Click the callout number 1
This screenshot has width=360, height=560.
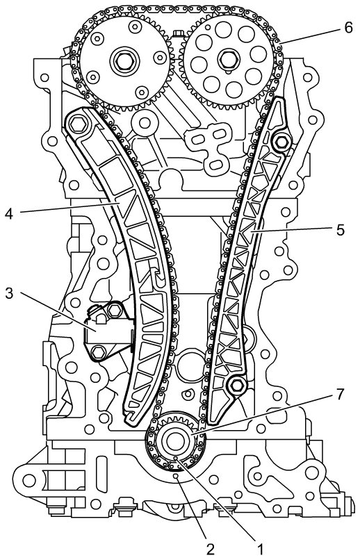[260, 548]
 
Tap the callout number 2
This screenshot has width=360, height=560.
[211, 549]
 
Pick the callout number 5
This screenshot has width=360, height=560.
[341, 230]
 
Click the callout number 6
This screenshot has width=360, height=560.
[348, 28]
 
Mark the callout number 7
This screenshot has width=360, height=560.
[340, 395]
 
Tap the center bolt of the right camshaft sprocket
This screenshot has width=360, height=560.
[227, 60]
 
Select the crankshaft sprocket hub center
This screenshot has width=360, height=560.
[176, 442]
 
